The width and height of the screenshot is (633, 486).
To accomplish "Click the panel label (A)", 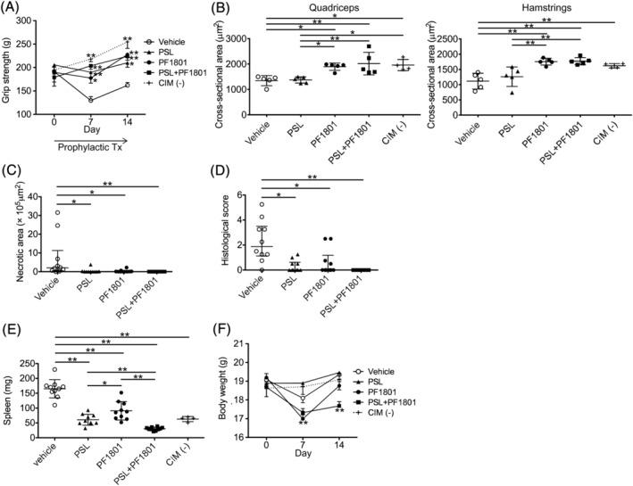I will click(x=13, y=8).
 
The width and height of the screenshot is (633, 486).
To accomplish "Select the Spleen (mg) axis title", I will click(x=10, y=391).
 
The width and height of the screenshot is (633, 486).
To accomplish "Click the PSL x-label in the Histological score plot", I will click(x=296, y=285).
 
